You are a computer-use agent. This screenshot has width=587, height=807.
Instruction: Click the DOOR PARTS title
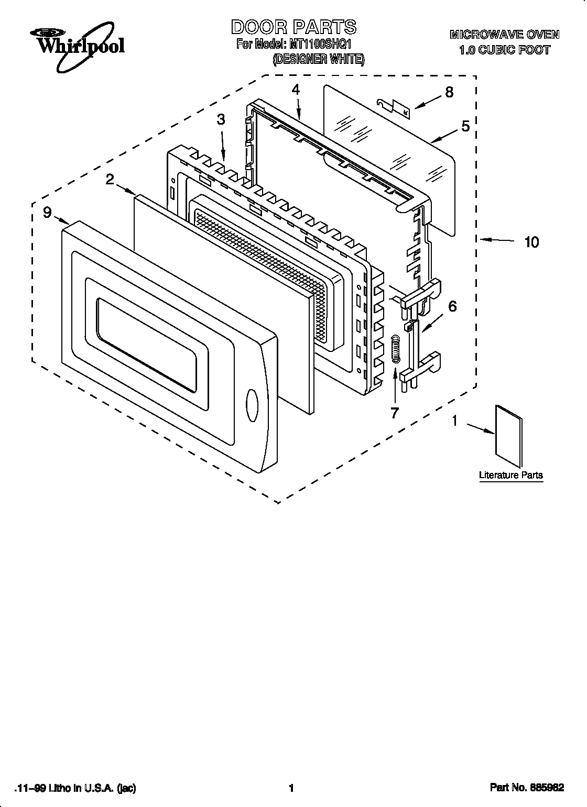tap(293, 27)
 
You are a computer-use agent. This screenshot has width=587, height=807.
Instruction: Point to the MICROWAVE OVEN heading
tap(504, 35)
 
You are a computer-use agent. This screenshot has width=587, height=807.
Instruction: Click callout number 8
tap(449, 92)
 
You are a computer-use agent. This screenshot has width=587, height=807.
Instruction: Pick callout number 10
tap(531, 242)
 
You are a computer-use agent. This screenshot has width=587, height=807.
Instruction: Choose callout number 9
tap(47, 212)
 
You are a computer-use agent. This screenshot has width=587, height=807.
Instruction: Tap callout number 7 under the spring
tap(395, 413)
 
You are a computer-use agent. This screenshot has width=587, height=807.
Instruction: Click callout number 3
tap(221, 119)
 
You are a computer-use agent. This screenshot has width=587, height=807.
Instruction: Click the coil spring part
tap(396, 349)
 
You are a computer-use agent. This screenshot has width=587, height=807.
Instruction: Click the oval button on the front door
tap(252, 405)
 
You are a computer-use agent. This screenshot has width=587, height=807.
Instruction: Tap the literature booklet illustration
tap(509, 436)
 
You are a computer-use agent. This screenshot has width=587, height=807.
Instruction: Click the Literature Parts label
tap(511, 475)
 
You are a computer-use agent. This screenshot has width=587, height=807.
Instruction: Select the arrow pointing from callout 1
tap(481, 429)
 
